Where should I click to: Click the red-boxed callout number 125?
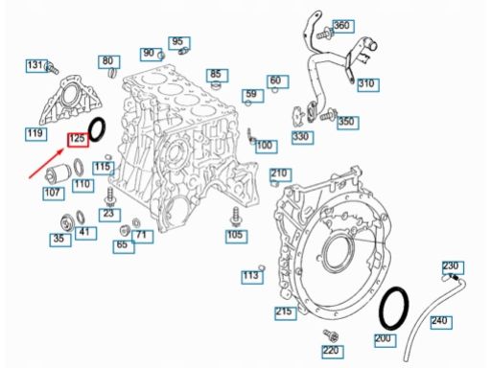click(x=78, y=140)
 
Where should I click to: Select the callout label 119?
click(x=35, y=134)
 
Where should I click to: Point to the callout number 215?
click(x=286, y=312)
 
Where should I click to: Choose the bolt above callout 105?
click(x=236, y=217)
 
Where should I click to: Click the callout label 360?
click(x=343, y=26)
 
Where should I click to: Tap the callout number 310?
click(x=368, y=84)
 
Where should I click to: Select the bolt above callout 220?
click(x=331, y=335)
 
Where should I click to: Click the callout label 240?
click(x=441, y=322)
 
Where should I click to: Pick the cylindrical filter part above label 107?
click(x=57, y=173)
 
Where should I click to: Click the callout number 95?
click(x=179, y=43)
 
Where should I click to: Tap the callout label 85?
click(x=217, y=76)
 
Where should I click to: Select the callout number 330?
click(x=302, y=137)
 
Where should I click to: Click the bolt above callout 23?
click(x=109, y=196)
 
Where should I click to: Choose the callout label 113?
click(x=252, y=276)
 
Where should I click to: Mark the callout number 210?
click(x=280, y=174)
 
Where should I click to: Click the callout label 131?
click(x=36, y=66)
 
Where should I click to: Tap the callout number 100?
click(x=267, y=147)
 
